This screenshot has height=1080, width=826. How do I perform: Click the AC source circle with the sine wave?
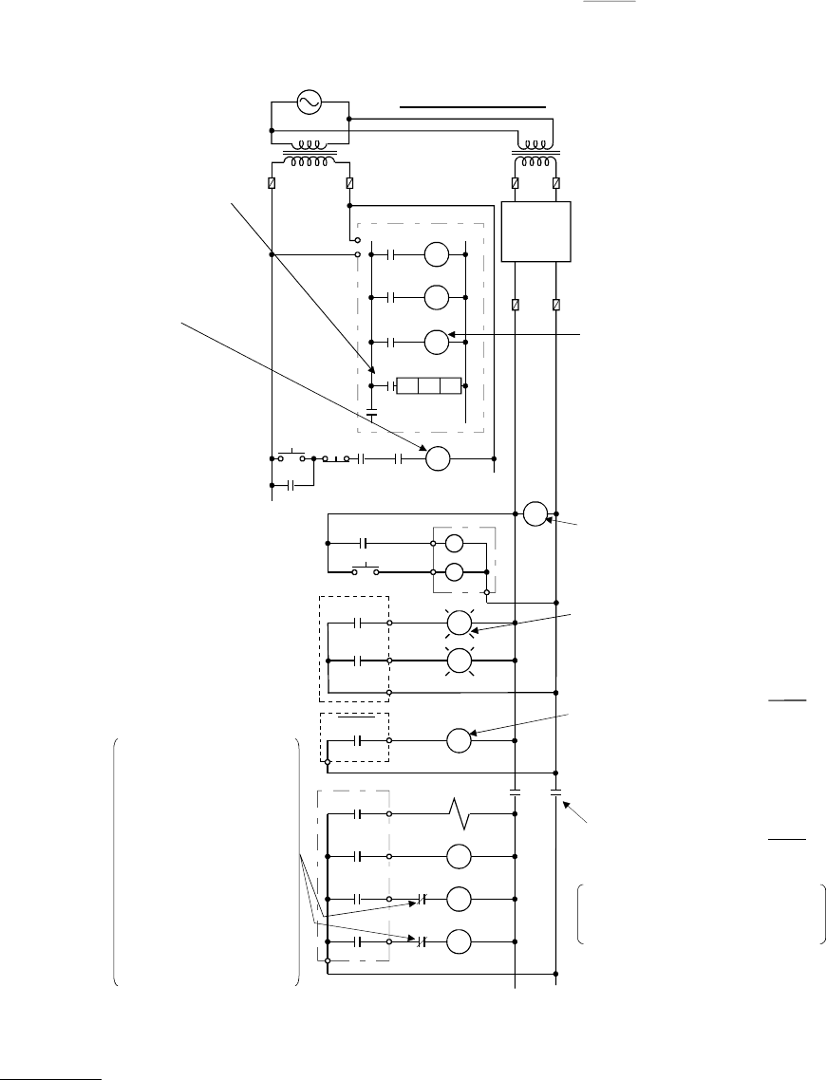pos(310,102)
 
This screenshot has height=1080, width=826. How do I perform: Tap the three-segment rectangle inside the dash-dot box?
pos(428,386)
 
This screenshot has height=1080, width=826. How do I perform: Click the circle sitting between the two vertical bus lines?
pos(535,513)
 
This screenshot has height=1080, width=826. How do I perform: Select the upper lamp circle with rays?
pos(460,623)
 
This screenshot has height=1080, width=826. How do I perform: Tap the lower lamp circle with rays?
pos(460,660)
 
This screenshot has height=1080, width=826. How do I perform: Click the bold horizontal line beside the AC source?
pos(474,108)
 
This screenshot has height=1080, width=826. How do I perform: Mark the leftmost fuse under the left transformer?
pos(272,182)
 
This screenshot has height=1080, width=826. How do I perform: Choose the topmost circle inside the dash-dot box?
pos(436,254)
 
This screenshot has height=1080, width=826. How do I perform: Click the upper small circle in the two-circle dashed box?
pos(455,544)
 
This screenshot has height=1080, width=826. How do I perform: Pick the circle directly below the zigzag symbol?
pos(460,856)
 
